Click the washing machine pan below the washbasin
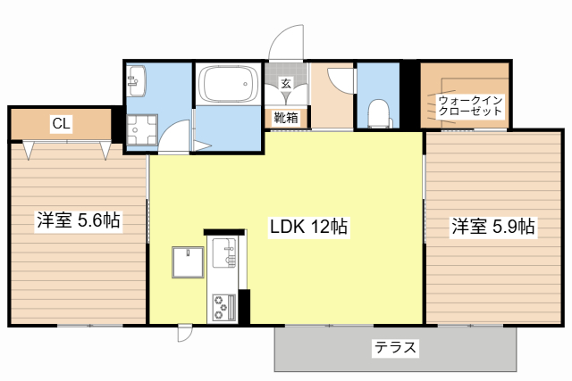click(x=139, y=130)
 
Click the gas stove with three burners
click(x=221, y=306)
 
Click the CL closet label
click(x=61, y=123)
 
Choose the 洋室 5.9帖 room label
click(x=492, y=227)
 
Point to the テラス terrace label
click(x=395, y=348)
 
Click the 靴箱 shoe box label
click(x=286, y=117)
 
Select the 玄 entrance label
click(x=286, y=84)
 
